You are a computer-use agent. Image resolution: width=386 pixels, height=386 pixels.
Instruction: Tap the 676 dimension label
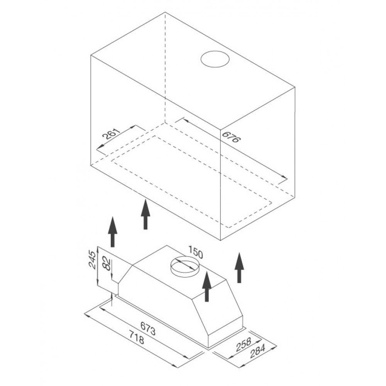coord(231,137)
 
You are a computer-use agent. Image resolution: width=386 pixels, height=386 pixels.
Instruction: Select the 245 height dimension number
coord(92,260)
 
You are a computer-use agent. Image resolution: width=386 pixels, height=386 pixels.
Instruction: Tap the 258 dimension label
coord(243,344)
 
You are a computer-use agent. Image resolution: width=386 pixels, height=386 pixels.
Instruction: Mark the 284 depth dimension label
coord(257,351)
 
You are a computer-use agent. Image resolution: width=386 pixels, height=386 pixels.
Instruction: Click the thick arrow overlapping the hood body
coord(207,286)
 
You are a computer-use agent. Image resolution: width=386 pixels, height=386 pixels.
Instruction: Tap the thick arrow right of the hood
coord(239,267)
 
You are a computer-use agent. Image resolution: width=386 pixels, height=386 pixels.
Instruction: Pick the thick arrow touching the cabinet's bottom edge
coord(146,214)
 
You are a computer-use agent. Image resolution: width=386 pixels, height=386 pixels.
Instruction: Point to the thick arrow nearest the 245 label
coord(112,232)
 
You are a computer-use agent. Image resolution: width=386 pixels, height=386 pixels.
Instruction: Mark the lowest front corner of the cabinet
coord(220,240)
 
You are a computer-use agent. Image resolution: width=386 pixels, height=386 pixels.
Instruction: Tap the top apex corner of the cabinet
coord(165,12)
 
